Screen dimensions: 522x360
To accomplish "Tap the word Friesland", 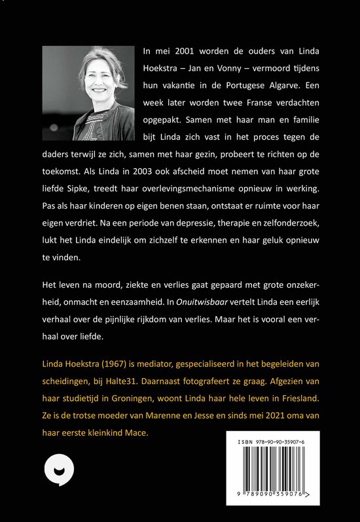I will coord(294,398).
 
